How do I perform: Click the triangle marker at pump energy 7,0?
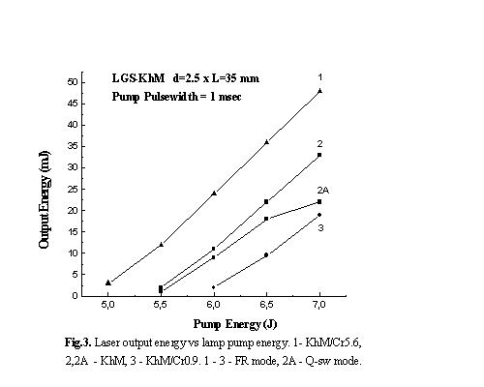(319, 91)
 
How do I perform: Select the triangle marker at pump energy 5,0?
(108, 283)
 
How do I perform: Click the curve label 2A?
(323, 191)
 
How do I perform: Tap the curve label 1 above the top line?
(319, 77)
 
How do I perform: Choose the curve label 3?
(320, 227)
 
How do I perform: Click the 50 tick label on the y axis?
(73, 82)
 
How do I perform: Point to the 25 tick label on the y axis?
(73, 189)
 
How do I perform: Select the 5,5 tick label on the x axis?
(161, 305)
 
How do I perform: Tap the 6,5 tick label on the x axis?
(266, 305)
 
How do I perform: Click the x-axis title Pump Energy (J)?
(235, 324)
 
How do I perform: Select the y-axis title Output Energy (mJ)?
(45, 199)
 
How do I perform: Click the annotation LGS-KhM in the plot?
(138, 78)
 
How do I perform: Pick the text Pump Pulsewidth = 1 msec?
(176, 97)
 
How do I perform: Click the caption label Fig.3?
(78, 342)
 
